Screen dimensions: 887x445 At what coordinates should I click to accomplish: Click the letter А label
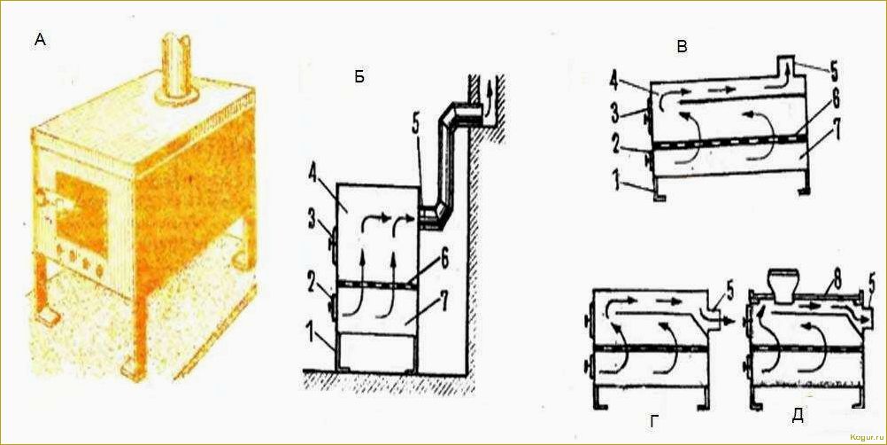(40, 40)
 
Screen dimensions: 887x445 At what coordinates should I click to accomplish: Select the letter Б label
(359, 77)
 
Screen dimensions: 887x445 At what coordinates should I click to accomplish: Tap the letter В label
(683, 47)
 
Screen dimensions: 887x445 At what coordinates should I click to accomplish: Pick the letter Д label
(798, 416)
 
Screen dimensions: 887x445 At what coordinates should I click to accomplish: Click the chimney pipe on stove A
(176, 69)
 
